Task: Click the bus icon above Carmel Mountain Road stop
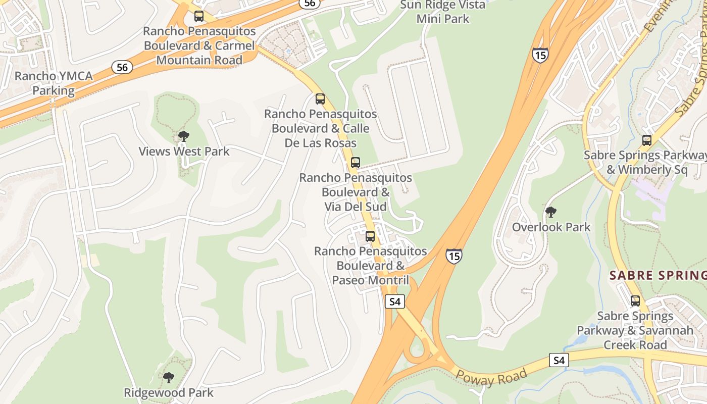(199, 16)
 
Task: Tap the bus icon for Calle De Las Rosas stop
(320, 99)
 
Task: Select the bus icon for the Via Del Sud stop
(356, 163)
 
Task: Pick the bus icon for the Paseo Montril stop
(370, 236)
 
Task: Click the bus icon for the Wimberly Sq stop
(646, 140)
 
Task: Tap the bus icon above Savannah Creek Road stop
(635, 301)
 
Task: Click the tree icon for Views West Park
(184, 136)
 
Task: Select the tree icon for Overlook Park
(551, 212)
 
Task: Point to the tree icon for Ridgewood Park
(169, 377)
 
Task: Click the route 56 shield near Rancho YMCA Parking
(122, 67)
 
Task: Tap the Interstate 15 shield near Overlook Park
(453, 256)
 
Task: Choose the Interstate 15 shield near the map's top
(540, 55)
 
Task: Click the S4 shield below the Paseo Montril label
(395, 302)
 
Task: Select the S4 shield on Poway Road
(559, 361)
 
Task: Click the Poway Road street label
(491, 376)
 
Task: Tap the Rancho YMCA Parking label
(54, 83)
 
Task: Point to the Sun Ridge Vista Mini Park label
(443, 12)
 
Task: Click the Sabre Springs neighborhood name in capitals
(658, 275)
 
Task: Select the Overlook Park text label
(551, 227)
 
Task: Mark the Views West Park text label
(184, 151)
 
